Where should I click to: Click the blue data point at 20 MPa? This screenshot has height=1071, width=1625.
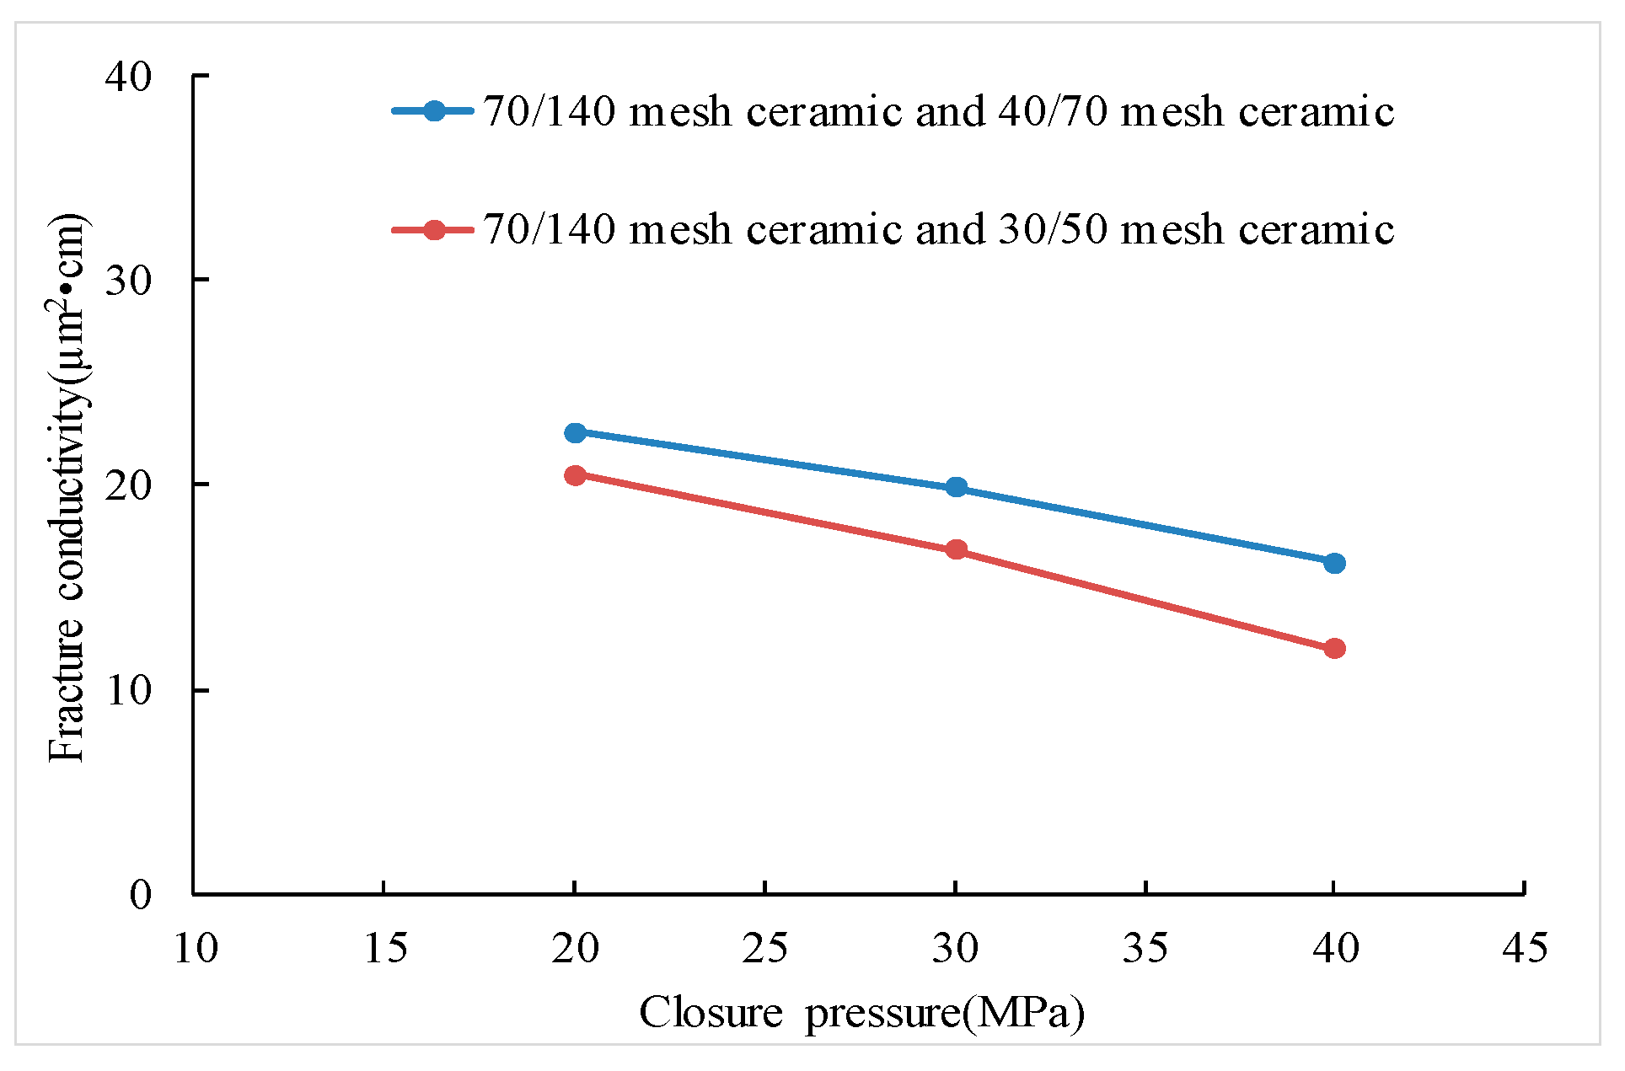pos(575,432)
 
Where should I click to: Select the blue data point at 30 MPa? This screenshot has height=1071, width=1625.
pos(956,487)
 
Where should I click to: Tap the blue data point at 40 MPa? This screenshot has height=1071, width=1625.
pos(1334,563)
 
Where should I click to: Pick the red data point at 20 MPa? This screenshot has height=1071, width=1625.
pos(575,475)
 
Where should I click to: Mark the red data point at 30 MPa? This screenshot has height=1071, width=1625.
pos(956,549)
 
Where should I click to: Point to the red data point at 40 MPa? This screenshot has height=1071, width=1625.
pos(1334,648)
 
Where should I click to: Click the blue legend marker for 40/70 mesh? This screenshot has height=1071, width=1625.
pos(433,110)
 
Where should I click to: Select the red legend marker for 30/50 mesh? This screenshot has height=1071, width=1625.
pos(433,229)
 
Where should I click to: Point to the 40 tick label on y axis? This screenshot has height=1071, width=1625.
pos(128,77)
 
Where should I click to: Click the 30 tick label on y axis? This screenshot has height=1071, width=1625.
pos(128,281)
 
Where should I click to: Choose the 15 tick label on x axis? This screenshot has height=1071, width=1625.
pos(385,949)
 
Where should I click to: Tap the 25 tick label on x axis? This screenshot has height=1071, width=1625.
pos(764,949)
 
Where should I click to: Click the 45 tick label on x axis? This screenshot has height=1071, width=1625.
pos(1525,949)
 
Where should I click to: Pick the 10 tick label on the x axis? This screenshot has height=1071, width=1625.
pos(196,949)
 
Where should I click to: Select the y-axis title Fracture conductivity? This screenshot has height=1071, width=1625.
pos(67,489)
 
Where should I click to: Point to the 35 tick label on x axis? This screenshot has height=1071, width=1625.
pos(1145,949)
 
